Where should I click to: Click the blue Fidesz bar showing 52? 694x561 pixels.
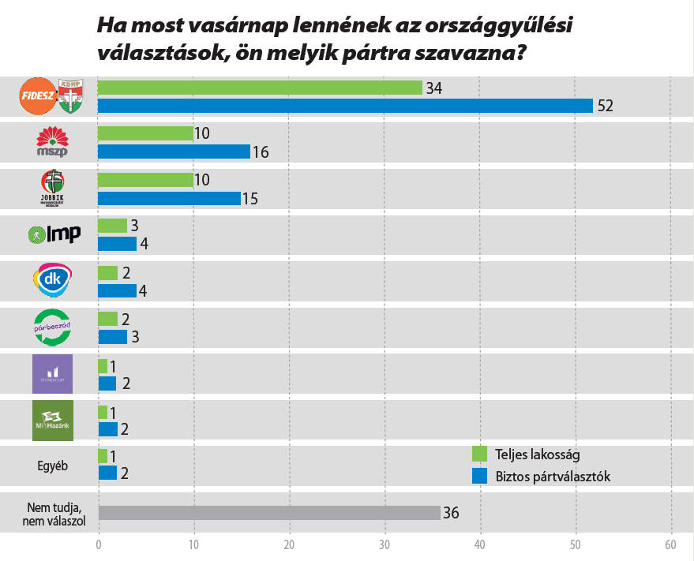[344, 106]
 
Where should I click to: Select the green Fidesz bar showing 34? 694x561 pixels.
[260, 88]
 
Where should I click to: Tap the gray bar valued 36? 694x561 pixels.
[268, 513]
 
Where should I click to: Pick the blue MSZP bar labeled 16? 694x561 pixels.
[173, 151]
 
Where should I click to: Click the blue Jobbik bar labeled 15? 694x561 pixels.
[168, 198]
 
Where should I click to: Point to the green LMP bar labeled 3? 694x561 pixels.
[111, 226]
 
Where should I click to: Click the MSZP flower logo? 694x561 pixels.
[53, 142]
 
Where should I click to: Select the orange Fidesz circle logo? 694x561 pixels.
[38, 95]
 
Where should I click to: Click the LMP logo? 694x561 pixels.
[53, 234]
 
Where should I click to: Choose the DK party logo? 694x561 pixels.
[52, 280]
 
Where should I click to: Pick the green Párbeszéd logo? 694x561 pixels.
[53, 327]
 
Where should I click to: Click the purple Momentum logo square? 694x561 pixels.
[53, 373]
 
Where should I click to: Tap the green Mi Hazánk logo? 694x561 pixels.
[53, 419]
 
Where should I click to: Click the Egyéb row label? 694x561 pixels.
[53, 466]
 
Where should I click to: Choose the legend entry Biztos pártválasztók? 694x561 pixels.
[543, 477]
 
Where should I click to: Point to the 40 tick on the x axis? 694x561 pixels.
[480, 544]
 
